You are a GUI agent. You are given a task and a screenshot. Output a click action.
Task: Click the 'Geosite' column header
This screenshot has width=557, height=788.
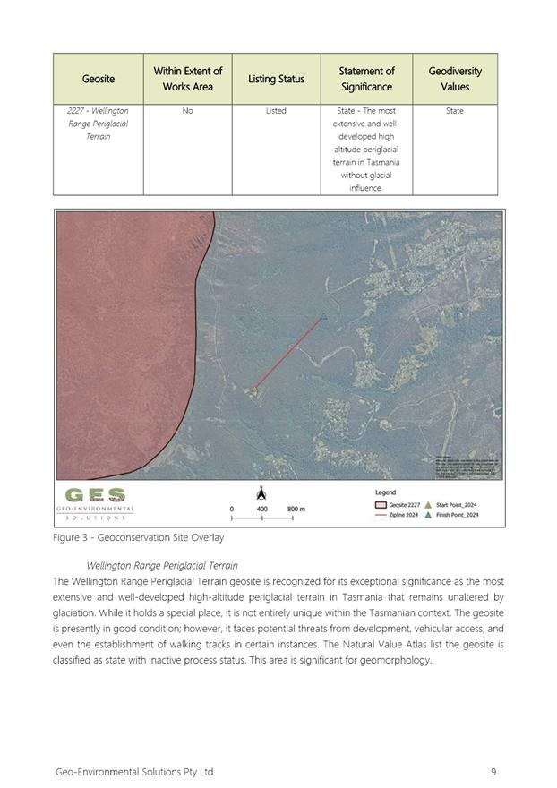[99, 79]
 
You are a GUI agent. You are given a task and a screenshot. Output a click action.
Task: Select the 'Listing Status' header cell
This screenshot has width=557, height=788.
[276, 79]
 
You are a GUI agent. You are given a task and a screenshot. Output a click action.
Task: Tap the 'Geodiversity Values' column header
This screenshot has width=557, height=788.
[454, 79]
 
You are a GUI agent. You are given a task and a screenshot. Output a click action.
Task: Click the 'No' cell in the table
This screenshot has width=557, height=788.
[187, 111]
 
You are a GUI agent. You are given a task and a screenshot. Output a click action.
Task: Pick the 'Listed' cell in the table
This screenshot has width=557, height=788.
[276, 111]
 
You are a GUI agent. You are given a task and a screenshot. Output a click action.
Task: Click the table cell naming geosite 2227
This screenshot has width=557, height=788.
[99, 124]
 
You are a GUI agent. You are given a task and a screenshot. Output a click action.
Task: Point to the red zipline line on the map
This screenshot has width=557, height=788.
[289, 352]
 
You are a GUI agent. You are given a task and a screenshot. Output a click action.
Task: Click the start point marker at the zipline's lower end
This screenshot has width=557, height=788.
[255, 389]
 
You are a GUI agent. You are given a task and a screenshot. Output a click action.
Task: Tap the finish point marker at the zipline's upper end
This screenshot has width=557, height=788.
[324, 315]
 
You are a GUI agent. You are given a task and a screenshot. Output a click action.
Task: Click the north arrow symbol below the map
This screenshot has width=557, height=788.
[261, 492]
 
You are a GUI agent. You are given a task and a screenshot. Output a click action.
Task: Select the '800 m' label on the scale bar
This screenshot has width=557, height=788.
[296, 509]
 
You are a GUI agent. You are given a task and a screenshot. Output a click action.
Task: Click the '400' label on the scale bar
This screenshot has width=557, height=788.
[261, 509]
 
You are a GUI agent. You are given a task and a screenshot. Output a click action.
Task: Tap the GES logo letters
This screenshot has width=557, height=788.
[95, 495]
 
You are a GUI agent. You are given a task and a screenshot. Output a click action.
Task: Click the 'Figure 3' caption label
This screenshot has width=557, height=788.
[74, 538]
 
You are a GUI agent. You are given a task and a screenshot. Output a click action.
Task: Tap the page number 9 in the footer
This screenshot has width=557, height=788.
[493, 771]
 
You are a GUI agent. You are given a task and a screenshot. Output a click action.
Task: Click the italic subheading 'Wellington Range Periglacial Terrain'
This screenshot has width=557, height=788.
[162, 566]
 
